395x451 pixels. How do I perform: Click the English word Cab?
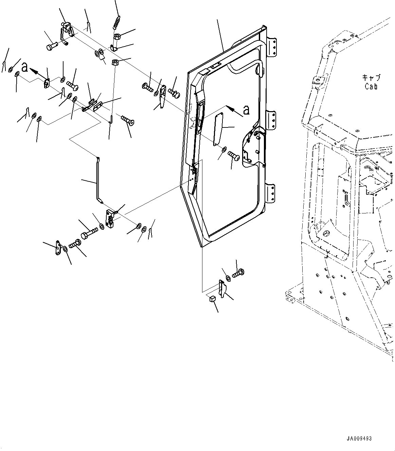click(371, 86)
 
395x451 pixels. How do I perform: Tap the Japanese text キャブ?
click(371, 78)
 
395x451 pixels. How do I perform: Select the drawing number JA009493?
click(359, 438)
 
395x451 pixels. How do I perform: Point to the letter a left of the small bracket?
click(24, 67)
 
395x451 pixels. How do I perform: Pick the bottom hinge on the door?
click(272, 193)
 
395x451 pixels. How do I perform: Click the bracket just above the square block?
click(222, 289)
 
